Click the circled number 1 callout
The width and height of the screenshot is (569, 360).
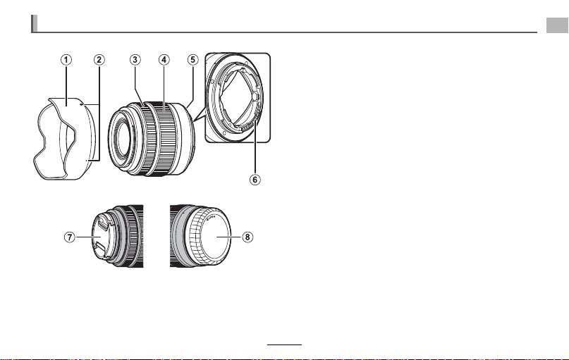(66, 60)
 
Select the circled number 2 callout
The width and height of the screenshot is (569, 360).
(99, 60)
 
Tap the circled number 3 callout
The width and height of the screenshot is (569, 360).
(135, 60)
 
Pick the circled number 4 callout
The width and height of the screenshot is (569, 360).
(164, 60)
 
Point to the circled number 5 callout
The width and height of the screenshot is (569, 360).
(192, 60)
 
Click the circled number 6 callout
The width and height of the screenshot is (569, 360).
(255, 180)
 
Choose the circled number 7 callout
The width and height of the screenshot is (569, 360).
(70, 237)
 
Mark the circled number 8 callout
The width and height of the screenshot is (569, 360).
(247, 237)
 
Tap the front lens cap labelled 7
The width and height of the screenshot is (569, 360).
(103, 237)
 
